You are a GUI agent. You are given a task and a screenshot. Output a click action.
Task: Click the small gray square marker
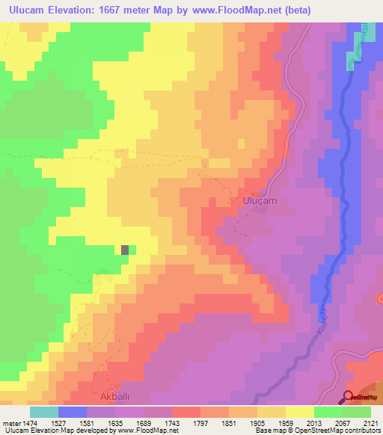coord(126,250)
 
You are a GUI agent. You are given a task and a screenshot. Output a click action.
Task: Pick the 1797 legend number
coord(200,422)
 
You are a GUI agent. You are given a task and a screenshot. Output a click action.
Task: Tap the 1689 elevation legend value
coord(144,422)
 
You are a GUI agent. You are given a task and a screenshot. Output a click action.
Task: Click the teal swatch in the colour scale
coord(44,412)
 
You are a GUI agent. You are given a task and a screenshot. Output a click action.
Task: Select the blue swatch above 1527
coord(73,412)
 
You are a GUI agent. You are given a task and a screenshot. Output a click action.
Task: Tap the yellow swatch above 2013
coord(300,412)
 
